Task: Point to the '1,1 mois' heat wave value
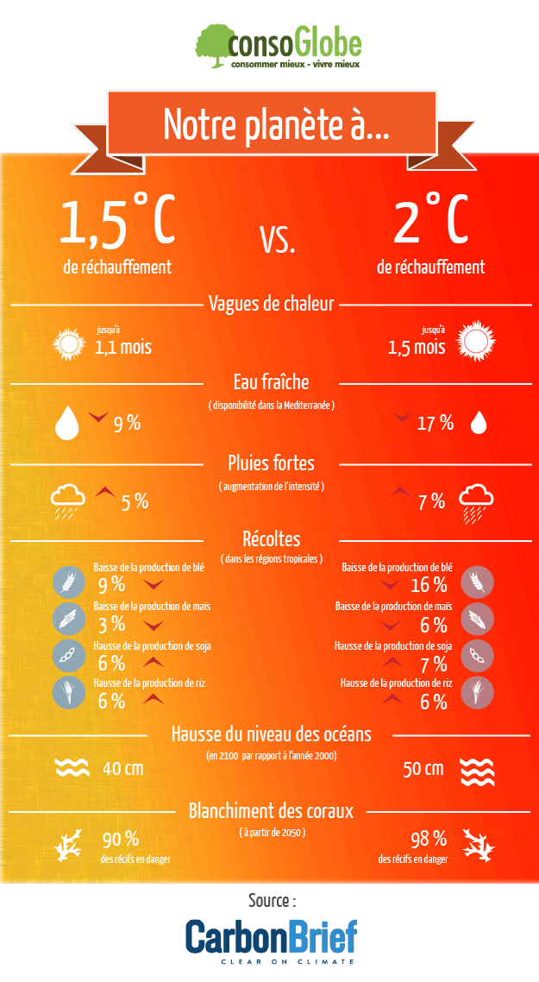click(123, 348)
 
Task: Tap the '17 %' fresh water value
click(435, 423)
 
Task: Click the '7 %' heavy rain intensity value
click(431, 501)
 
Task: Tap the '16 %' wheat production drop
click(429, 586)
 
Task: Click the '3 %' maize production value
click(111, 624)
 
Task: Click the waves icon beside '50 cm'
click(475, 771)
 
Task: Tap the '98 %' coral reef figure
click(428, 839)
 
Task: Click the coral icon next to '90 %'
click(67, 846)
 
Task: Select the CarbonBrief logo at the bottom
click(270, 940)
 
